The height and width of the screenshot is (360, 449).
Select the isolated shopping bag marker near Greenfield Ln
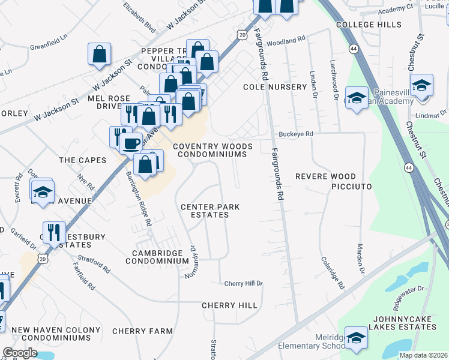click(99, 54)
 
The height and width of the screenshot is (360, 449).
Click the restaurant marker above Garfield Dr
click(54, 232)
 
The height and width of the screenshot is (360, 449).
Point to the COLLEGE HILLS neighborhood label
click(369, 25)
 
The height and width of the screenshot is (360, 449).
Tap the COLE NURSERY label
click(275, 87)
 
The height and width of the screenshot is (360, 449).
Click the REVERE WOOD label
click(325, 176)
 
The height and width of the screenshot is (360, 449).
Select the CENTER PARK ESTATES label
click(210, 211)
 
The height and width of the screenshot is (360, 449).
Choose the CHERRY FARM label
click(142, 331)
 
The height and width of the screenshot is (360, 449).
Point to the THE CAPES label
click(83, 160)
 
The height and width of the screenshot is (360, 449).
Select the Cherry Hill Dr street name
click(244, 283)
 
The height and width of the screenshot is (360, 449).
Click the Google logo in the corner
click(20, 353)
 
